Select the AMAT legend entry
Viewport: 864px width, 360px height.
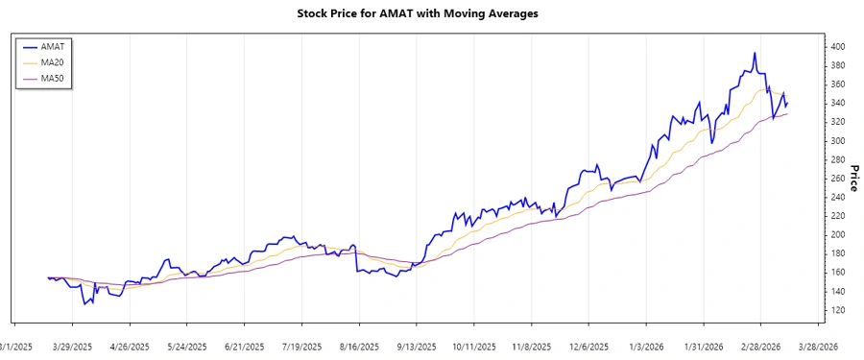(53, 46)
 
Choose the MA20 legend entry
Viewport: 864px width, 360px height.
(53, 61)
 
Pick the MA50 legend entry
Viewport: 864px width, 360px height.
(53, 77)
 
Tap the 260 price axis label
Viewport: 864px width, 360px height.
(838, 179)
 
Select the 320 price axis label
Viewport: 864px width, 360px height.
(838, 122)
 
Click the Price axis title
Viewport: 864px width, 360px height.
(853, 179)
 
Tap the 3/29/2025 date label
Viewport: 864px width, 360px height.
(72, 346)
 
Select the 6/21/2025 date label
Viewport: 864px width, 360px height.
(244, 346)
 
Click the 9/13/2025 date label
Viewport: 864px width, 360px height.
(416, 346)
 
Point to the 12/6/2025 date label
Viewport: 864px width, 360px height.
(588, 346)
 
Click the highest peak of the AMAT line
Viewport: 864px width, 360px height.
(755, 53)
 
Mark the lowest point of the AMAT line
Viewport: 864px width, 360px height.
(84, 304)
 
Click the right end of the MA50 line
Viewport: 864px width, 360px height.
(787, 114)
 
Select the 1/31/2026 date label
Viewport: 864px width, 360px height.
(703, 346)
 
